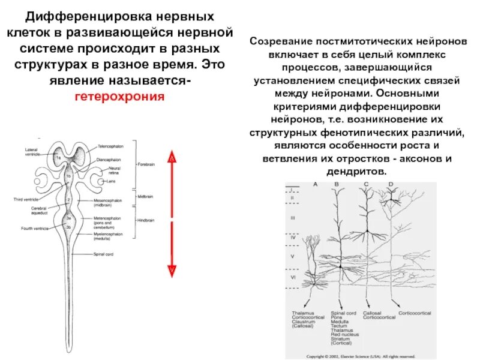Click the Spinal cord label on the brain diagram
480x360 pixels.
[103, 254]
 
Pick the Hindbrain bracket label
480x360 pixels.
[146, 221]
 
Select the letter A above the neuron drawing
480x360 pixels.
[314, 184]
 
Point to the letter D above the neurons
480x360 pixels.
[391, 184]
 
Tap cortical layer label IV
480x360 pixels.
[293, 238]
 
